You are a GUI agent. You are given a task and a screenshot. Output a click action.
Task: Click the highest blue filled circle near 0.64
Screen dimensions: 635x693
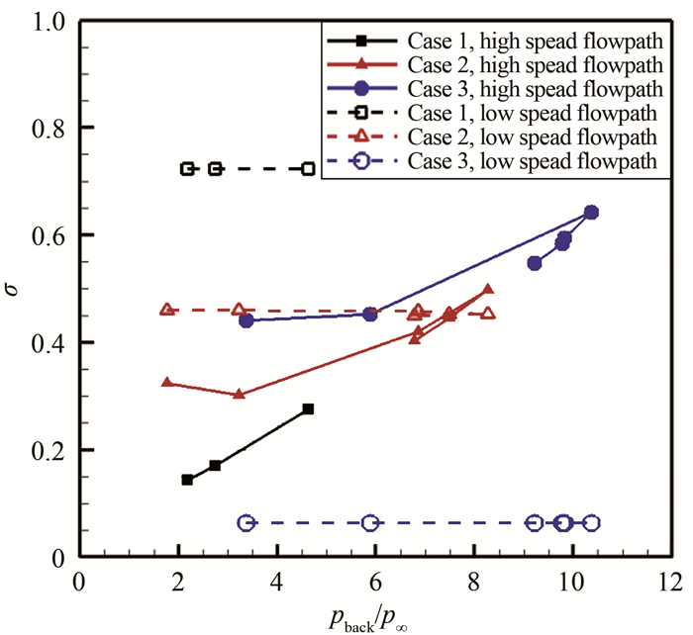tap(591, 212)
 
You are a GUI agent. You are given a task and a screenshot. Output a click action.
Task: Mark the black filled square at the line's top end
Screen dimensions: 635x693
tap(308, 408)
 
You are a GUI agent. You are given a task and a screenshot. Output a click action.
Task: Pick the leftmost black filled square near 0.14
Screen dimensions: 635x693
tap(187, 480)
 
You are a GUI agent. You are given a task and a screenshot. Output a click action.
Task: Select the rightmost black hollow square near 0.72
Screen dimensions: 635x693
tap(308, 169)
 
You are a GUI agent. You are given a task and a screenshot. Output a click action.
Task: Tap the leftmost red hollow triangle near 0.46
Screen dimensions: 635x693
tap(167, 310)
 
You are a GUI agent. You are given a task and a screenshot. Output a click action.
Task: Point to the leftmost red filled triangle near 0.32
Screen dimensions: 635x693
tap(167, 383)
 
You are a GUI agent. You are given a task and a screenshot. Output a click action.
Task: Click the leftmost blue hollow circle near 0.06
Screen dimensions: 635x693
tap(246, 522)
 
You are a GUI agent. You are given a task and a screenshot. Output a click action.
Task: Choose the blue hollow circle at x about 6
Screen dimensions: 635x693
tap(370, 522)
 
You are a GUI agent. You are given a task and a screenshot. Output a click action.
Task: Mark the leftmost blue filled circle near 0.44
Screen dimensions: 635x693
tap(247, 320)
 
